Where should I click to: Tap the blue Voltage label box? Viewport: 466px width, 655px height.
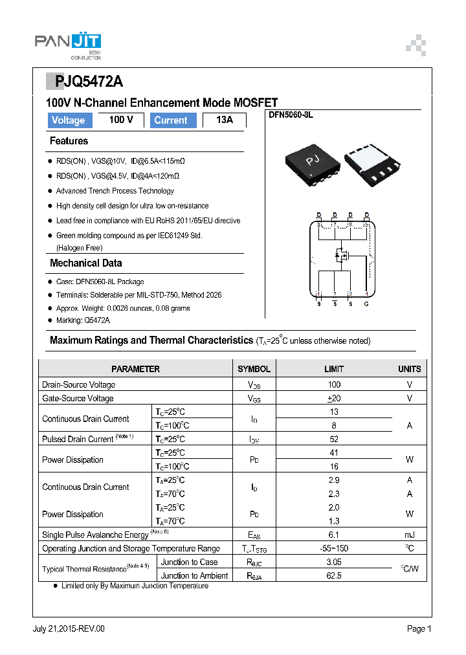coord(69,120)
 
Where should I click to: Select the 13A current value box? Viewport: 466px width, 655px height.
coord(224,120)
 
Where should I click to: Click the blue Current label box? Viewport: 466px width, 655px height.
coord(172,120)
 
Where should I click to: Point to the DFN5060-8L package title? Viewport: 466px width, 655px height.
coord(291,115)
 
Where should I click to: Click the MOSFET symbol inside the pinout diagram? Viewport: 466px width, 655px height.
coord(340,256)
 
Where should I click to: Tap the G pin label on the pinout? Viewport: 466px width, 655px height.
coord(366,304)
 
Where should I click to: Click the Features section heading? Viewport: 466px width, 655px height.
coord(69,141)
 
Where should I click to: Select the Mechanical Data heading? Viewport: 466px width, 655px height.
coord(85,263)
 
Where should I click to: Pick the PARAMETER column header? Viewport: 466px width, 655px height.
coord(135,369)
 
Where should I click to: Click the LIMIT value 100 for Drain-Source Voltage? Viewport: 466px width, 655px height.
coord(334,384)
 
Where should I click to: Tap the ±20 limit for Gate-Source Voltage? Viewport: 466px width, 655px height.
coord(334,398)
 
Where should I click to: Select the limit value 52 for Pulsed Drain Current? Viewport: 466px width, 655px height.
coord(334,439)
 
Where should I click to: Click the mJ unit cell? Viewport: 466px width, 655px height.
coord(409,535)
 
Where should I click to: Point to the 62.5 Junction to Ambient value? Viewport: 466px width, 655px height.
coord(334,575)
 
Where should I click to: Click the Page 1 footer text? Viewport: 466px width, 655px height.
coord(419,628)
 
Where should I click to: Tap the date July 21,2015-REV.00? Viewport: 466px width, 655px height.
coord(69,628)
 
